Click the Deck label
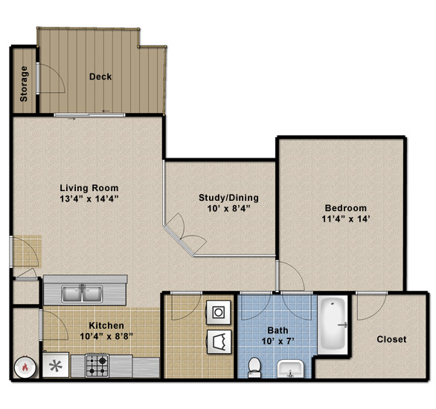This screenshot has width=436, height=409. [100, 77]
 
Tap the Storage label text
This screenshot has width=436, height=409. [24, 83]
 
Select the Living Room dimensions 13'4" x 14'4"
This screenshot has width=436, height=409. [89, 199]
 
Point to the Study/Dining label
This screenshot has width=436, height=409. [228, 198]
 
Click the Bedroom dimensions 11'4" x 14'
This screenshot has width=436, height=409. [346, 219]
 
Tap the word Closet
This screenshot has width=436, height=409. [391, 339]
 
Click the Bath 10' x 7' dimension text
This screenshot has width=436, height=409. [278, 341]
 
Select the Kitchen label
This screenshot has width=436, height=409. [106, 326]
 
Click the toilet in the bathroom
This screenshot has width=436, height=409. [254, 367]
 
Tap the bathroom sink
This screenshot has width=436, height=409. [290, 369]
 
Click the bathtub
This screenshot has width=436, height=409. [333, 325]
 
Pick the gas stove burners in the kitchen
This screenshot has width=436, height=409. [97, 365]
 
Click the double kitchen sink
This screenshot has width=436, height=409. [82, 294]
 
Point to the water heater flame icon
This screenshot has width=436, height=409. [25, 367]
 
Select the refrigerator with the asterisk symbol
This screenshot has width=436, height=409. [56, 365]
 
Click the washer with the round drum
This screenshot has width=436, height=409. [219, 312]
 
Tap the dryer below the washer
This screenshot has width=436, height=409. [219, 342]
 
